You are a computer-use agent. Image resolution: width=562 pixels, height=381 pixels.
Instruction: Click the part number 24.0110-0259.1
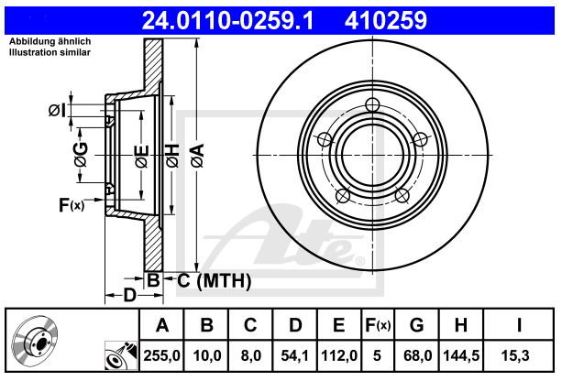228,20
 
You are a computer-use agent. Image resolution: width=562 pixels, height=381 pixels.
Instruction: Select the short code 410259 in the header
386,20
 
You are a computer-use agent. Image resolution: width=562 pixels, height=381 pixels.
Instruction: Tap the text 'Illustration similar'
50,52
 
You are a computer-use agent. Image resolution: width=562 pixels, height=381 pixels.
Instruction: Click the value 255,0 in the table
161,355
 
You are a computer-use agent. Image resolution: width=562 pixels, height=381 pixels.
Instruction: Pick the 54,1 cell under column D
294,355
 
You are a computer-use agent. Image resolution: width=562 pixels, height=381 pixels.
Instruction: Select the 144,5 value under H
461,355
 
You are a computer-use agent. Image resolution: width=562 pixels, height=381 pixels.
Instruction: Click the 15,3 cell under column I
515,355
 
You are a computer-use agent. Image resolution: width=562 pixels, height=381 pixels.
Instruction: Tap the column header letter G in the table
417,325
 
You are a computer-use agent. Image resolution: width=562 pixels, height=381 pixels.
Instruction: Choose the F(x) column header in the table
378,325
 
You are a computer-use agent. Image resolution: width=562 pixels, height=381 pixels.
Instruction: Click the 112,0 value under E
339,355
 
